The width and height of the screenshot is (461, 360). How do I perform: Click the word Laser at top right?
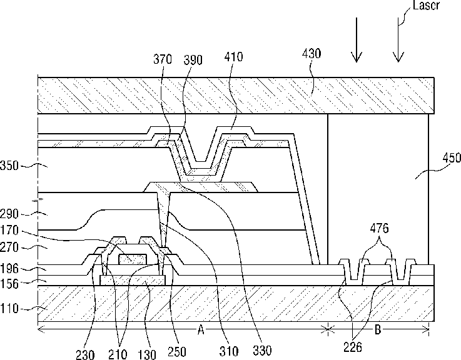[x=426, y=5]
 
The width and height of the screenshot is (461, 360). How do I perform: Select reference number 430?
[x=312, y=54]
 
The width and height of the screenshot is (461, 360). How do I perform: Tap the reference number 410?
[x=233, y=57]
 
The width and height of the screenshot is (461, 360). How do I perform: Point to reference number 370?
[x=163, y=59]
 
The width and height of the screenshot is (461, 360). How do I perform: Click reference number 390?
[x=193, y=60]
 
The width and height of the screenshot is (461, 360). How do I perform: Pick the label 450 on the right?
[x=452, y=157]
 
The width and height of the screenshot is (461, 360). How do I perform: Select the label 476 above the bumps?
[x=379, y=228]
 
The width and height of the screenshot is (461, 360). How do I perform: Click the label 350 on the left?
[x=9, y=166]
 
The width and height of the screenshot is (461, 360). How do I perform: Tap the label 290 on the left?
[x=9, y=214]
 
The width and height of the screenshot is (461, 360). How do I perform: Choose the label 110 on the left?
[x=9, y=309]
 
